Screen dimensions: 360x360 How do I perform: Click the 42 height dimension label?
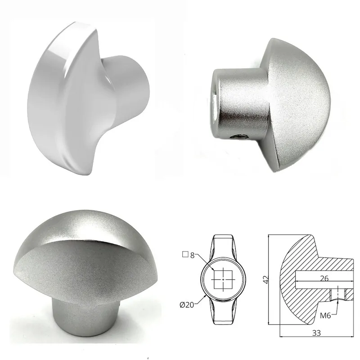(266, 279)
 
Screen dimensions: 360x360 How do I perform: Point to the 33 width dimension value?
(316, 333)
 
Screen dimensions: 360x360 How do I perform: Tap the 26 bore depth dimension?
(324, 278)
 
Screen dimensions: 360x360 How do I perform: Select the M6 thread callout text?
(325, 316)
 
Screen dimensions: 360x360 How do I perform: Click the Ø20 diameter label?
(187, 305)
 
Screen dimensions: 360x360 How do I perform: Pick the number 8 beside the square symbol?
(193, 255)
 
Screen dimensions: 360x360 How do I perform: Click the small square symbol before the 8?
(185, 254)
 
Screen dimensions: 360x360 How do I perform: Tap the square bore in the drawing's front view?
(223, 279)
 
